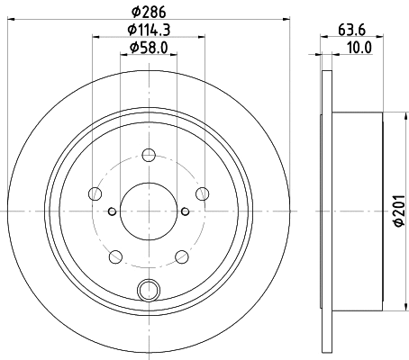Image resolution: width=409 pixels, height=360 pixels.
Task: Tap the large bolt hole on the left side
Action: click(94, 193)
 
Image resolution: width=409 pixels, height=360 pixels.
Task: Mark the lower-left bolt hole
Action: click(114, 256)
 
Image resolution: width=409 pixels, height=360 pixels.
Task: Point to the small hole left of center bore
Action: click(111, 211)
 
